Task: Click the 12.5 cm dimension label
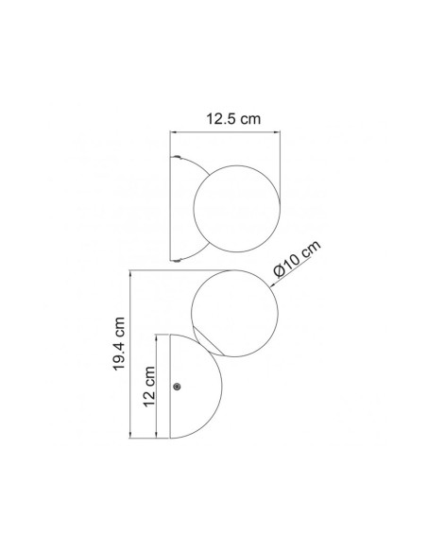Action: coord(233,119)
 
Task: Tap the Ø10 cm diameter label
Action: coord(298,259)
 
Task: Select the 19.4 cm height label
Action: coord(119,344)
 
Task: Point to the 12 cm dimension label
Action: coord(149,387)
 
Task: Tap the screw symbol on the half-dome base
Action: coord(178,387)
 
